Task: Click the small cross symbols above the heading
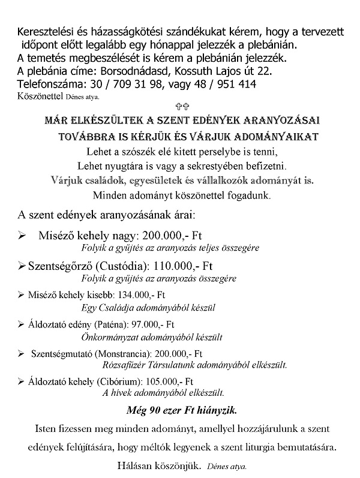(179, 104)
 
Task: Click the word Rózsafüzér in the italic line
(122, 365)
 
